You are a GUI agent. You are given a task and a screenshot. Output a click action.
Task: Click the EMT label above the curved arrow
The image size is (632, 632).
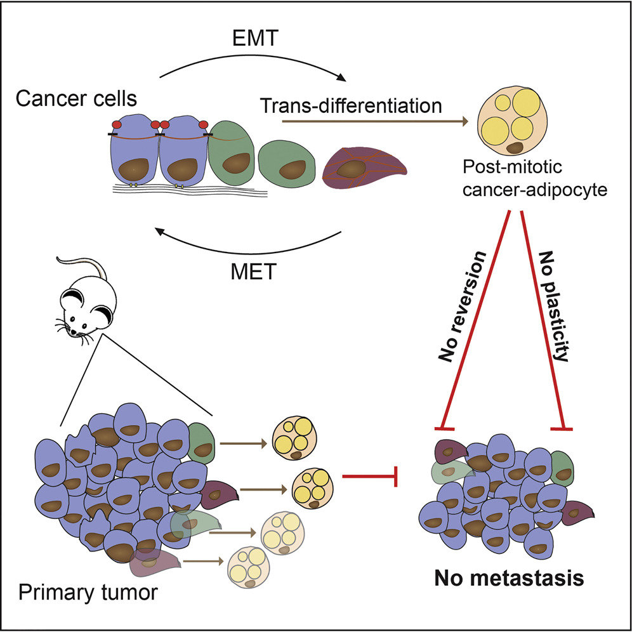coord(255,38)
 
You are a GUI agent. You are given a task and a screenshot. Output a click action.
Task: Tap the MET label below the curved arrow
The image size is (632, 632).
coord(254,272)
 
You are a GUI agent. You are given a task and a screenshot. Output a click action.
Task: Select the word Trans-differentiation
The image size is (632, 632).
coord(351,105)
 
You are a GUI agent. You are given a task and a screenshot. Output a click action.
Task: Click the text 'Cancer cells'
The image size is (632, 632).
coord(76,99)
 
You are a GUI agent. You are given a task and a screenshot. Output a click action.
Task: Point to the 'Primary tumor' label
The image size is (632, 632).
coord(88,593)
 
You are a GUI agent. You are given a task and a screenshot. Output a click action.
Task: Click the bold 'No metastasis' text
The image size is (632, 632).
coord(509,579)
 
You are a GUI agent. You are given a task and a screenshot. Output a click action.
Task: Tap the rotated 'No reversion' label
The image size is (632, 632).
coord(463,306)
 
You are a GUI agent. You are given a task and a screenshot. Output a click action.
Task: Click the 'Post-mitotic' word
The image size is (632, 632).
coord(512,167)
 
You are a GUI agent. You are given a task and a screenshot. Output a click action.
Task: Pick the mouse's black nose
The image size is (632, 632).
coord(74,332)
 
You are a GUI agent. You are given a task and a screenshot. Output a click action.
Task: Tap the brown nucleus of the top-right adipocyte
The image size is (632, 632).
coord(515,147)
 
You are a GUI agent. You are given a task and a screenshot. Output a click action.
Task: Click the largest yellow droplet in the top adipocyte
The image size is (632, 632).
coord(526,103)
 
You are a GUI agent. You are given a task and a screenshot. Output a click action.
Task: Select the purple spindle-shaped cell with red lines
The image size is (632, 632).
coord(363,169)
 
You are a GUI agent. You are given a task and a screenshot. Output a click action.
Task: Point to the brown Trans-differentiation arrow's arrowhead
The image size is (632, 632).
coord(464,121)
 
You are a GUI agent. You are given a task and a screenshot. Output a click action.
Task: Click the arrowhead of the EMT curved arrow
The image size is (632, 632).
coord(341,77)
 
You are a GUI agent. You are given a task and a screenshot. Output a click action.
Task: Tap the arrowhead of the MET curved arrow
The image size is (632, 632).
coord(161,232)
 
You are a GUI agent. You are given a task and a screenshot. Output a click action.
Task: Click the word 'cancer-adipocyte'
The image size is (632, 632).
coord(534,190)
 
